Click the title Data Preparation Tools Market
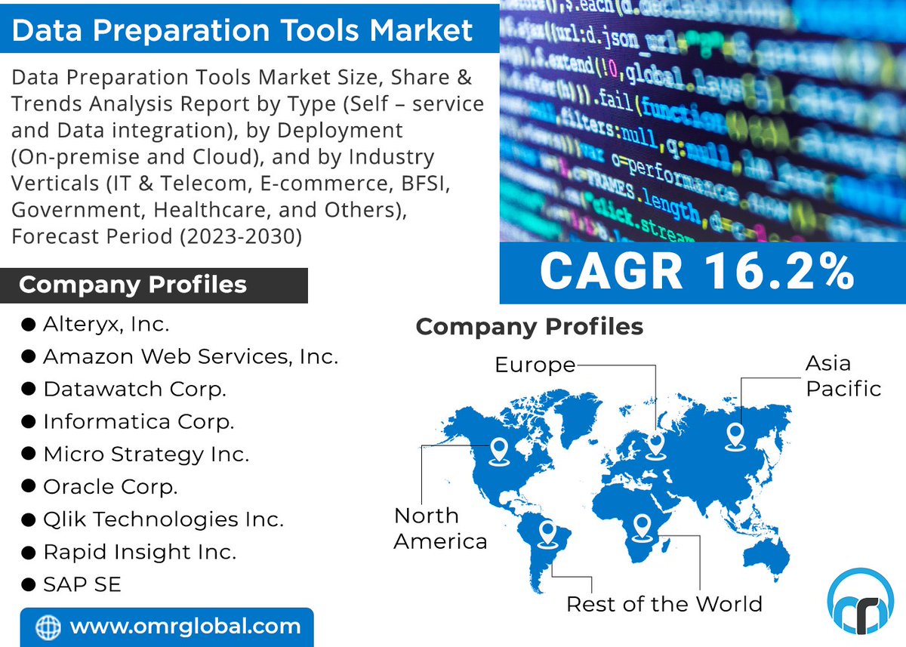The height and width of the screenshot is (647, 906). pyautogui.click(x=242, y=30)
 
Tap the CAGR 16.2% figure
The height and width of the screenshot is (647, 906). pyautogui.click(x=697, y=272)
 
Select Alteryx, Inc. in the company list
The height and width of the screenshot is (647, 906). pyautogui.click(x=106, y=325)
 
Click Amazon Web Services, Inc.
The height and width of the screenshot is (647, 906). pyautogui.click(x=190, y=356)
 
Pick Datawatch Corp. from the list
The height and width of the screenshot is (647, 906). pyautogui.click(x=134, y=389)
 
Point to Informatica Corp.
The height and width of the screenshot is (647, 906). pyautogui.click(x=138, y=421)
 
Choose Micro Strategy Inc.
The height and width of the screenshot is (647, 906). pyautogui.click(x=146, y=454)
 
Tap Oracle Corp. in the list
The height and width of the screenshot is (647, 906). pyautogui.click(x=110, y=487)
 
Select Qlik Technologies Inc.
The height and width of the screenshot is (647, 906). pyautogui.click(x=163, y=519)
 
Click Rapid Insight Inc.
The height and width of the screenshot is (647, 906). pyautogui.click(x=140, y=552)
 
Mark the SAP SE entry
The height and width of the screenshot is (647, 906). pyautogui.click(x=82, y=584)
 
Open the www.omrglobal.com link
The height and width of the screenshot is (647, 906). pyautogui.click(x=185, y=626)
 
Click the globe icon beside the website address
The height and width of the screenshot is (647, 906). pyautogui.click(x=48, y=627)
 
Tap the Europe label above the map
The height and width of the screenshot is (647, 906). pyautogui.click(x=535, y=365)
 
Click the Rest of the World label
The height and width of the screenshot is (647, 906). pyautogui.click(x=664, y=604)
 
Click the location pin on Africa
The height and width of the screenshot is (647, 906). pyautogui.click(x=642, y=525)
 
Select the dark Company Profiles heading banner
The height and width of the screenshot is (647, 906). pyautogui.click(x=154, y=285)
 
